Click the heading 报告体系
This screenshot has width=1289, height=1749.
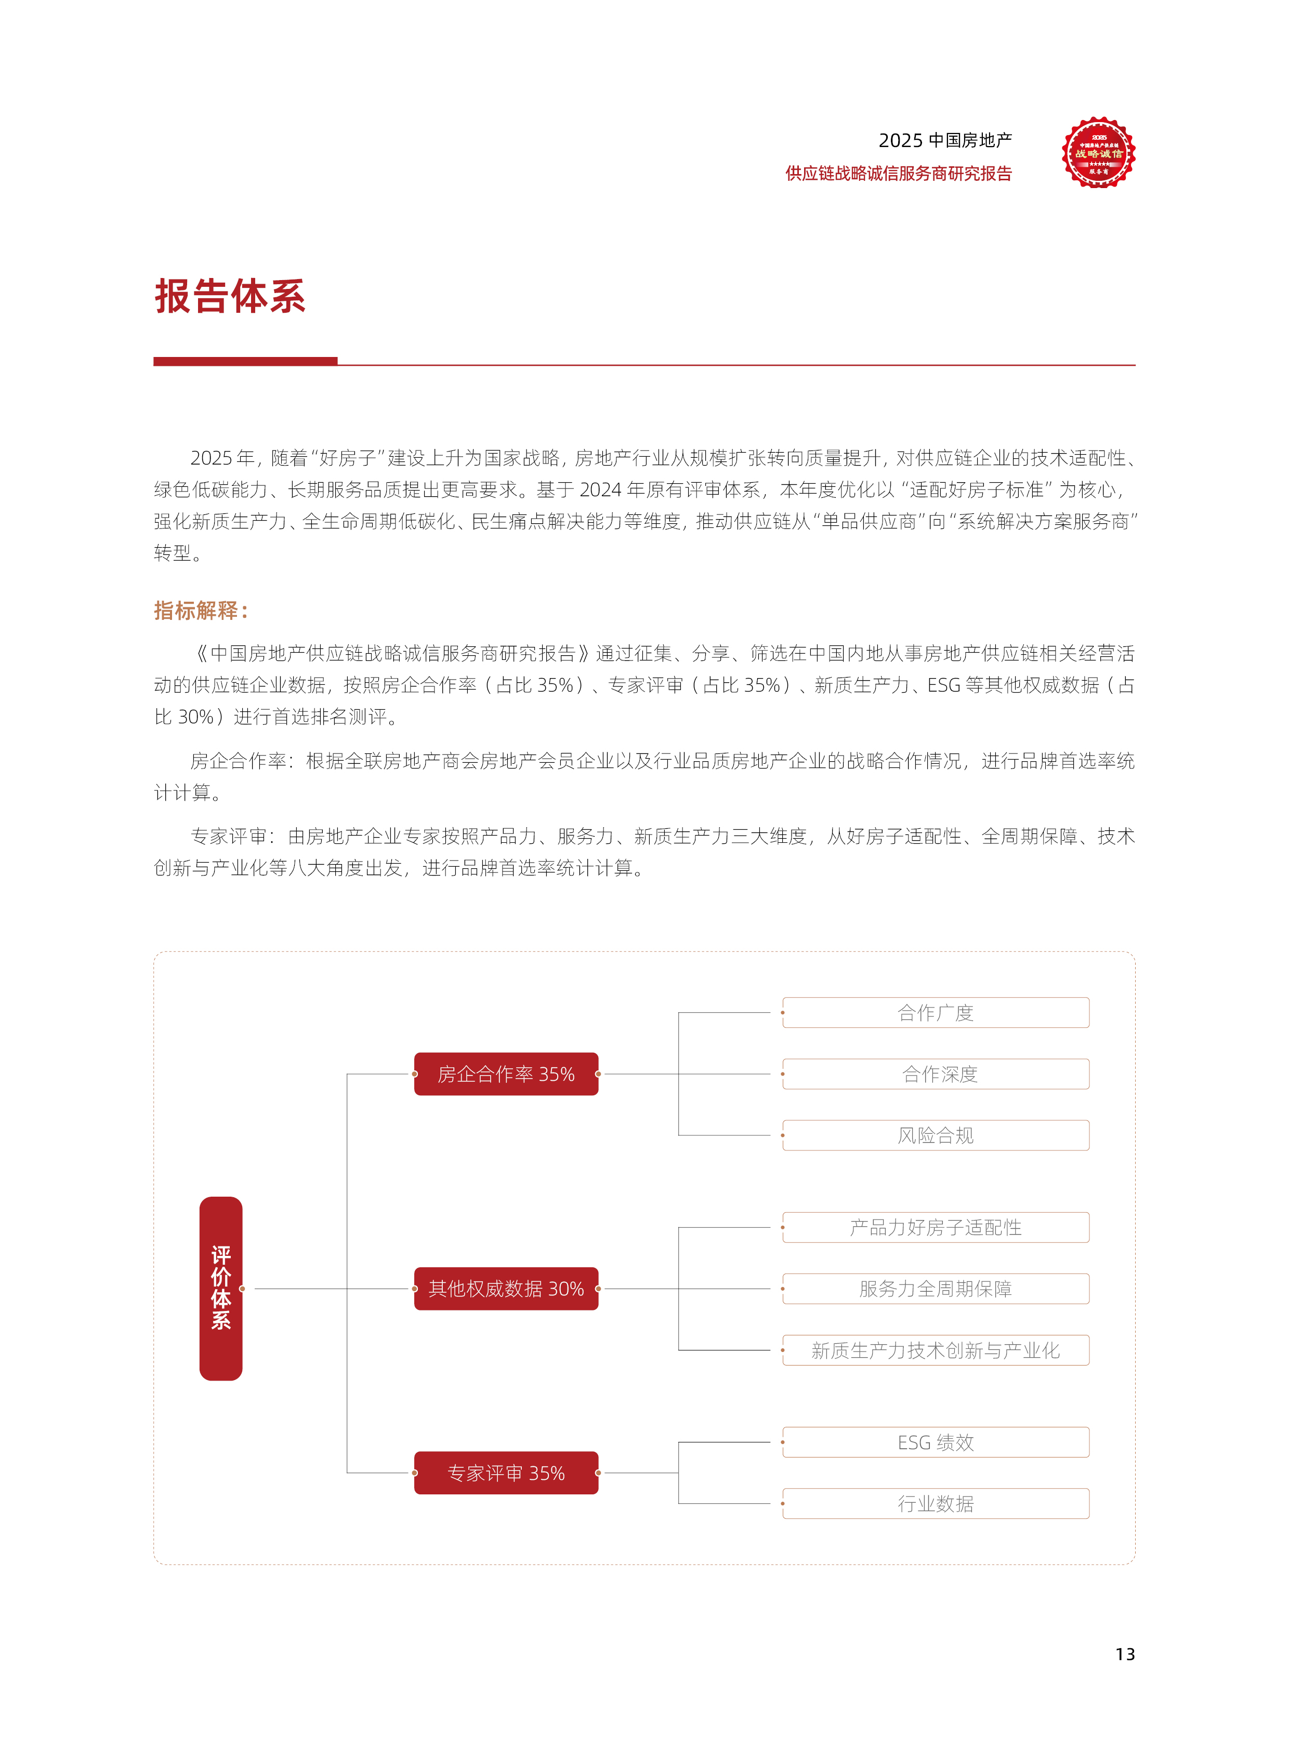[x=230, y=297]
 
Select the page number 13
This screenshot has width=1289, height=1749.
[x=1124, y=1654]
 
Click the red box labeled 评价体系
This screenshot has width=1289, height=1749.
[x=221, y=1289]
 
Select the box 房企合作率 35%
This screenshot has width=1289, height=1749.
[x=506, y=1074]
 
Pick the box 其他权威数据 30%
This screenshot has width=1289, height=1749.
[x=506, y=1289]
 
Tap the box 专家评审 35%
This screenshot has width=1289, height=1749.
[x=506, y=1473]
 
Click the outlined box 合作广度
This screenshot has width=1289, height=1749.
[x=936, y=1013]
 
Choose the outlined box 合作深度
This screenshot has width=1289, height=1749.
[x=936, y=1074]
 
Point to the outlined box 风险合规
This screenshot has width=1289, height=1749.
[x=936, y=1135]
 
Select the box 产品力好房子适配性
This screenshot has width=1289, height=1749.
[x=936, y=1227]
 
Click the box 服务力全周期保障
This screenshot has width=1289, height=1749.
[x=936, y=1289]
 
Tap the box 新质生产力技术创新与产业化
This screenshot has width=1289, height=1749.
[x=936, y=1350]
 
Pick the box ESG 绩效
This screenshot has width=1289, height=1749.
[x=936, y=1442]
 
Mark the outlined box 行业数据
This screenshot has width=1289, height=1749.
[x=936, y=1503]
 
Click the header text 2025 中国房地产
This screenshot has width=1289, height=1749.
[x=945, y=140]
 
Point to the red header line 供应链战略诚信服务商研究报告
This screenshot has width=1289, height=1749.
[x=898, y=173]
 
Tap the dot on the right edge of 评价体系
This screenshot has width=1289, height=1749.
[x=243, y=1289]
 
